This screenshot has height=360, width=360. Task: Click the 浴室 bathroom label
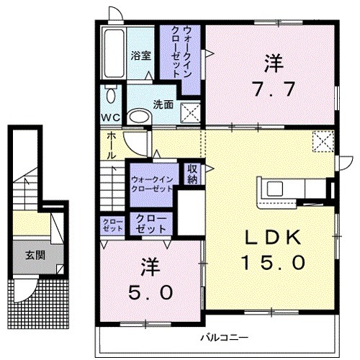tap(140, 55)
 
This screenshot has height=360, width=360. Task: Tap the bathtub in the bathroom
tap(114, 52)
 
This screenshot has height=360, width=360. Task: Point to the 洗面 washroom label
tap(163, 104)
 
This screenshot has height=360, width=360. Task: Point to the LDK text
tap(274, 237)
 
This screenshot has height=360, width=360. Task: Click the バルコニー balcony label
tap(224, 336)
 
